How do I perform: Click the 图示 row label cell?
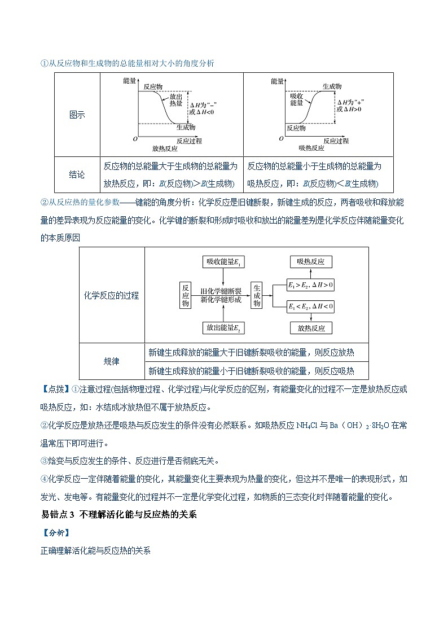tap(77, 115)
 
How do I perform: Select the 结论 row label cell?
tap(77, 175)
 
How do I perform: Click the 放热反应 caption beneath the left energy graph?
tap(165, 148)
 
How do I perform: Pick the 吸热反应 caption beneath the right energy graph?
tap(311, 148)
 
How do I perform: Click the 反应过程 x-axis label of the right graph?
tap(336, 140)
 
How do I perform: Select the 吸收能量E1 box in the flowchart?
tap(225, 262)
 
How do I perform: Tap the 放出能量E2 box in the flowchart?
tap(225, 327)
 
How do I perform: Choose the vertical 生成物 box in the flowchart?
tap(257, 295)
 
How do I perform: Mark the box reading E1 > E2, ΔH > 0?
tap(310, 285)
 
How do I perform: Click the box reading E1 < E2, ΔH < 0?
tap(310, 307)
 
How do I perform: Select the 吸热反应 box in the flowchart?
tap(310, 262)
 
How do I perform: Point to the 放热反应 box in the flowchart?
tap(310, 327)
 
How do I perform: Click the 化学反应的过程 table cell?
tap(111, 295)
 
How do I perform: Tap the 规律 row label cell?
tap(111, 361)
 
